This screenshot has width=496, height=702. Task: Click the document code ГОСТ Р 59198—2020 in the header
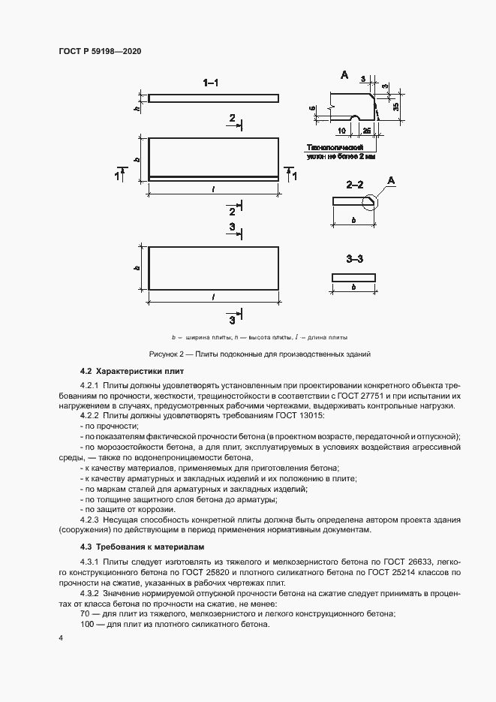[100, 51]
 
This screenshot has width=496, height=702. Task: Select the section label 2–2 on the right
[354, 183]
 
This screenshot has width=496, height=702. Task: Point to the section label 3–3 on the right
[354, 259]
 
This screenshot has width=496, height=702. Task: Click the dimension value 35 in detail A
[395, 105]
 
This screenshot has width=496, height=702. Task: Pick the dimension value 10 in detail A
[341, 130]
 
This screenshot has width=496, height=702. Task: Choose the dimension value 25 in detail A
[365, 130]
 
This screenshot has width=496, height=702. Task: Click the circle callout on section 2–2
[371, 200]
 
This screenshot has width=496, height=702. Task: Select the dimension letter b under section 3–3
[353, 288]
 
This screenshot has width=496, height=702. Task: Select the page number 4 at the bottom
[60, 637]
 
